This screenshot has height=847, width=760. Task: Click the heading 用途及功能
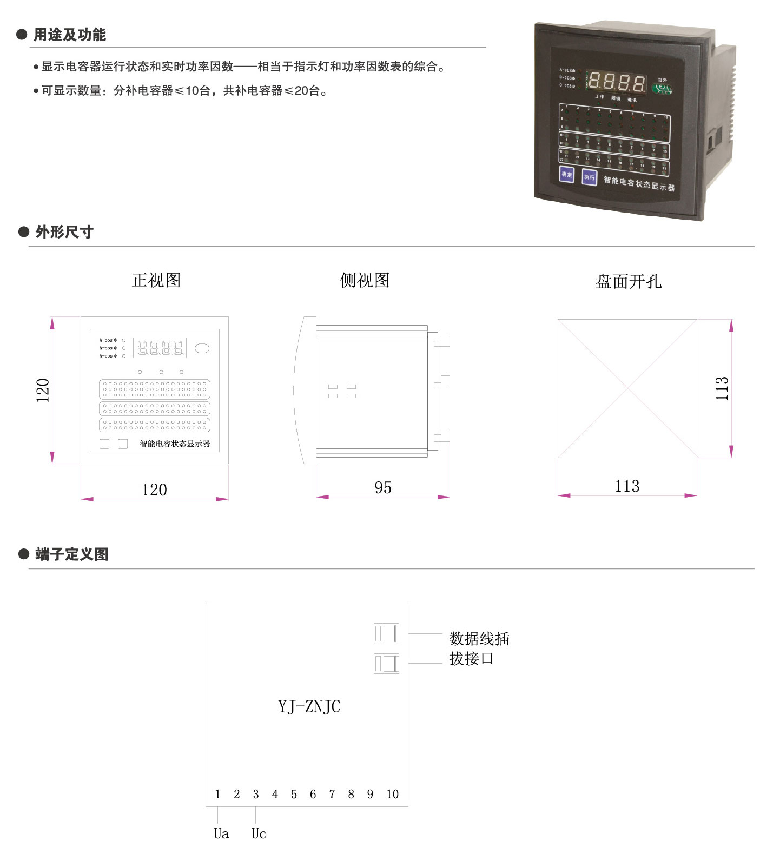[x=69, y=35]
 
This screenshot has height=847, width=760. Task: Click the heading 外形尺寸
[x=64, y=232]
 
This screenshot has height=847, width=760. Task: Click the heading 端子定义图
[x=71, y=554]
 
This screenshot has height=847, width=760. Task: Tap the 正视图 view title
[x=156, y=280]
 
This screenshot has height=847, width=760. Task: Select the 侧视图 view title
[x=365, y=280]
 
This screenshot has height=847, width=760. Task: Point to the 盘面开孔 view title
[x=628, y=281]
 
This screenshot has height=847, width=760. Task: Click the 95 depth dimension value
[x=382, y=487]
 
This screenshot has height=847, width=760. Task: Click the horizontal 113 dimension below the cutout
[x=627, y=486]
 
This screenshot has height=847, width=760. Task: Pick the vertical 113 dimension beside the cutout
[x=722, y=388]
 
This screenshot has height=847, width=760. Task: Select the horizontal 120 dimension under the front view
[x=154, y=489]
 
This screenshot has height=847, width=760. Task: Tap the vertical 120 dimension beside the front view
[x=43, y=390]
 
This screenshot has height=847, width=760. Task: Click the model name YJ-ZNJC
[x=309, y=706]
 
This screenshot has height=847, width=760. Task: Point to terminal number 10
[x=392, y=794]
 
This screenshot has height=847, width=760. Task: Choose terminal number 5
[x=294, y=794]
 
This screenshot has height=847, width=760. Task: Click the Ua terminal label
[x=221, y=833]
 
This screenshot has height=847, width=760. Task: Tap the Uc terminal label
[x=259, y=833]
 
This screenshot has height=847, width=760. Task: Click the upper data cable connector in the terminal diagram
[x=386, y=633]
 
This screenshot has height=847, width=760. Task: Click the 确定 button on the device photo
[x=566, y=174]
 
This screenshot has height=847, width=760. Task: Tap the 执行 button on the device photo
[x=589, y=177]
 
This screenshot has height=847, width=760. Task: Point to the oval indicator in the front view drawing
[x=202, y=348]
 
